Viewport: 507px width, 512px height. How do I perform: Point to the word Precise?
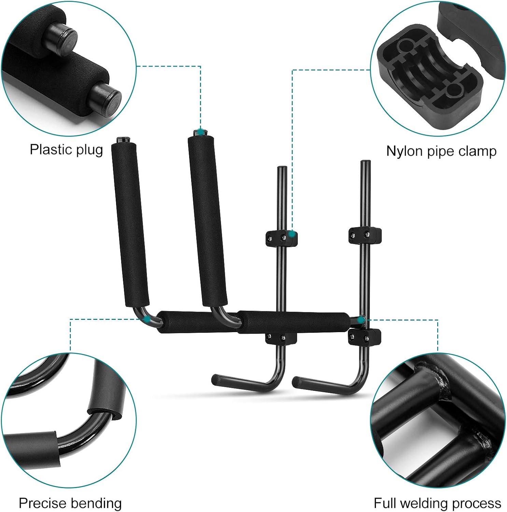[42, 503]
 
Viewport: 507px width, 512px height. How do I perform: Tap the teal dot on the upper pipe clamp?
[292, 234]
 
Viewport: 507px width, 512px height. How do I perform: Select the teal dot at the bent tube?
[146, 319]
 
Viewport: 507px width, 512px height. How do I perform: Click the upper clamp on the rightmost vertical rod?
[365, 235]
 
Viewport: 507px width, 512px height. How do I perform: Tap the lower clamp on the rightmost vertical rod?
[365, 337]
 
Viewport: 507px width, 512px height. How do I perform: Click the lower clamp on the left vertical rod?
[281, 338]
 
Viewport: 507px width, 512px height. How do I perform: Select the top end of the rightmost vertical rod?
[365, 162]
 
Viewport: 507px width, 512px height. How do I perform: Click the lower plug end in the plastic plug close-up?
[107, 96]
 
